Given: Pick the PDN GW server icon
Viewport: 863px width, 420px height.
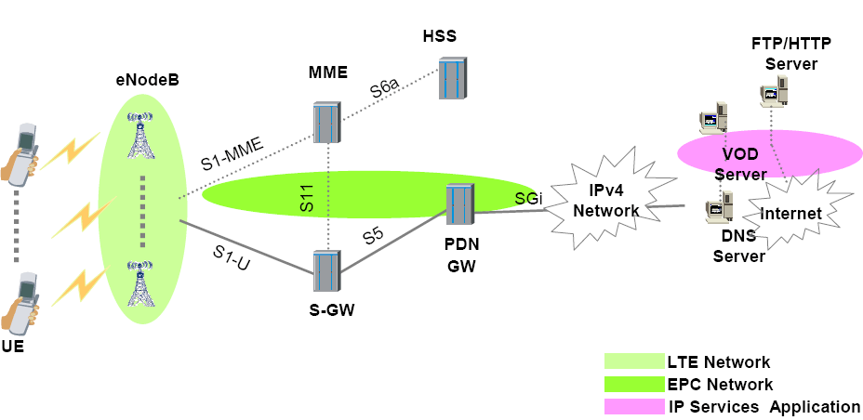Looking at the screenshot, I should pos(459,204).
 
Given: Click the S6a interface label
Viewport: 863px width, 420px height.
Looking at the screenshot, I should pos(384,90).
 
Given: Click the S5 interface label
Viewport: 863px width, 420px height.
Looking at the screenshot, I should pos(373,235).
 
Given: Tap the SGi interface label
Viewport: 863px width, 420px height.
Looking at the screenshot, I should pos(527,197).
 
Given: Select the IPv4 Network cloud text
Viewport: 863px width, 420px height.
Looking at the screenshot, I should pos(606,203).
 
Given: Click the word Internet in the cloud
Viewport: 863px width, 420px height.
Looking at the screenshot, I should pos(790,214).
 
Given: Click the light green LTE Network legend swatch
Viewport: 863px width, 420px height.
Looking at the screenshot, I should pos(631,361).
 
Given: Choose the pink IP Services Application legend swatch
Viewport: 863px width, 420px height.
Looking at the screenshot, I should pos(631,406).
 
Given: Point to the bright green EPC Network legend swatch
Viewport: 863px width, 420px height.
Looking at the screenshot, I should pos(631,384).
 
